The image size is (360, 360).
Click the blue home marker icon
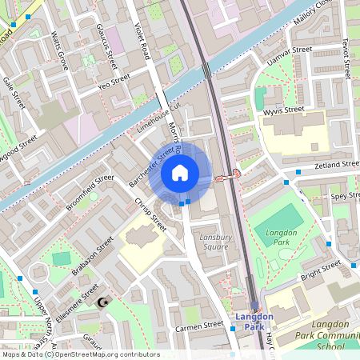(180, 172)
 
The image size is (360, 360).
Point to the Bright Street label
(320, 270)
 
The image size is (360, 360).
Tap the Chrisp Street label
(150, 214)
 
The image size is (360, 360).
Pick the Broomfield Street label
(90, 193)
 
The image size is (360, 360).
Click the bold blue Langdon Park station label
(254, 321)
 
